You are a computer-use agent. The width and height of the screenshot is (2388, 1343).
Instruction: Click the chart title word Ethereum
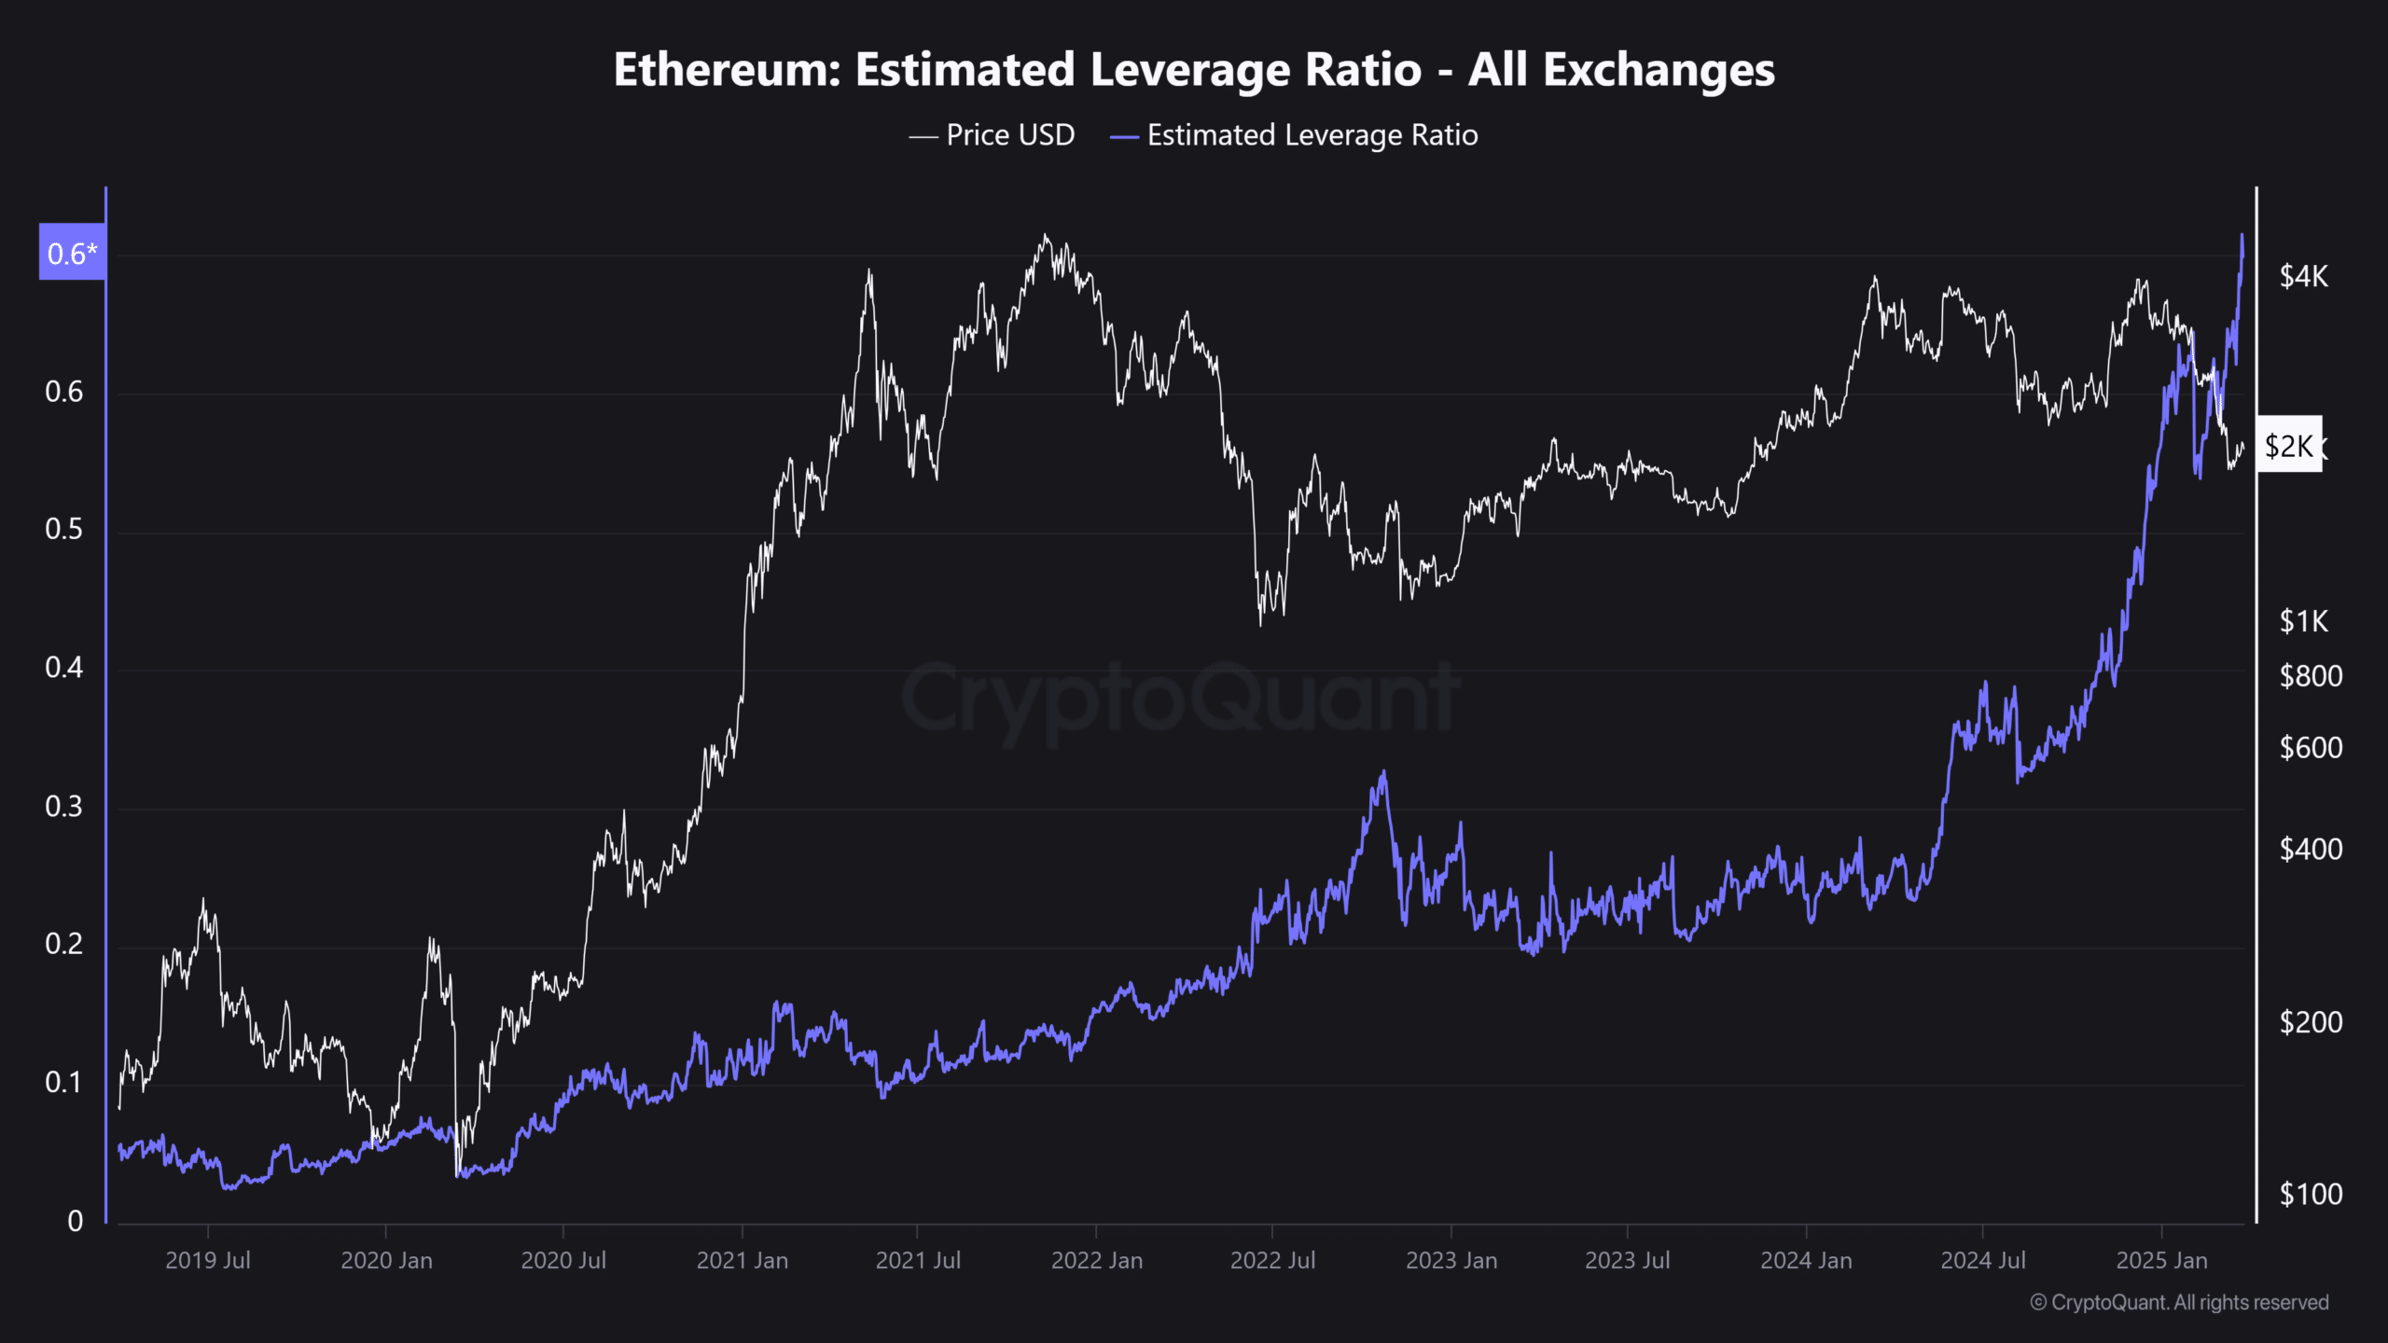tap(728, 70)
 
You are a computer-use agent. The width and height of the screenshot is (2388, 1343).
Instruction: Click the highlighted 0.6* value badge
tap(72, 253)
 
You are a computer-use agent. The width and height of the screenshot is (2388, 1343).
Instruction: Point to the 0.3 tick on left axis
tap(63, 807)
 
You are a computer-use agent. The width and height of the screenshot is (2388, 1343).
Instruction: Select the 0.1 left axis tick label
tap(63, 1083)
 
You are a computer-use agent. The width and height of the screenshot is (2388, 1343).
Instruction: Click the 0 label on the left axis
tap(76, 1221)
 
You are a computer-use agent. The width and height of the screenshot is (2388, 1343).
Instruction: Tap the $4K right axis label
tap(2303, 276)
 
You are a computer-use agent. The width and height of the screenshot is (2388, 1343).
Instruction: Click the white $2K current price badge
tap(2289, 446)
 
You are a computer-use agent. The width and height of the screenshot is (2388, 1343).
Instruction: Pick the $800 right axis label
tap(2311, 675)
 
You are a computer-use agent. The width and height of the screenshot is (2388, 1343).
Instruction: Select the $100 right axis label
tap(2311, 1194)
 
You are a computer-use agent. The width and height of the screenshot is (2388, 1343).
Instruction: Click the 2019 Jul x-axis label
tap(208, 1261)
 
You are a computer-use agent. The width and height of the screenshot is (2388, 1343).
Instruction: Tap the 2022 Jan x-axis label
tap(1097, 1261)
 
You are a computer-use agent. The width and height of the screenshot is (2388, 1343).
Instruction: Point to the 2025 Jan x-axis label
tap(2161, 1261)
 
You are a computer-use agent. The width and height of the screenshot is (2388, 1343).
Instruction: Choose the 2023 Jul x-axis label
tap(1628, 1261)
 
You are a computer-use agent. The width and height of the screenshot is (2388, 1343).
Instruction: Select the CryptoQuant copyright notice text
tap(2179, 1303)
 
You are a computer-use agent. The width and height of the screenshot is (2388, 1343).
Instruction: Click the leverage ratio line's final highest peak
tap(2242, 235)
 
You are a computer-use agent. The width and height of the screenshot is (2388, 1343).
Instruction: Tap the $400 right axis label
tap(2311, 849)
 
